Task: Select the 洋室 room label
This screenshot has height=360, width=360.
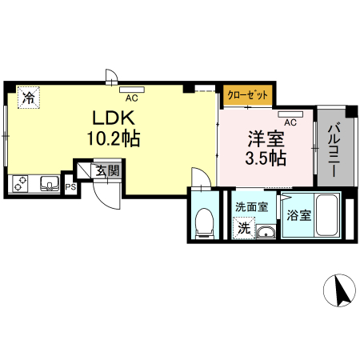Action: [x=264, y=138]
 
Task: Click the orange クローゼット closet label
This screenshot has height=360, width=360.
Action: [x=246, y=94]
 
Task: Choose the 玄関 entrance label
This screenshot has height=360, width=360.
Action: [x=108, y=170]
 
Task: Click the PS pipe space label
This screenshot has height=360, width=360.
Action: [x=70, y=188]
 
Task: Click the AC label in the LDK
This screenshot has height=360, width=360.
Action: [x=131, y=98]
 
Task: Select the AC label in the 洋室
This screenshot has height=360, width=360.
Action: [x=290, y=122]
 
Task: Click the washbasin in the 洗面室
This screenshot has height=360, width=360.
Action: [x=266, y=232]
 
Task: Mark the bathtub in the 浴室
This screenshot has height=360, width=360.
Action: [x=326, y=214]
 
